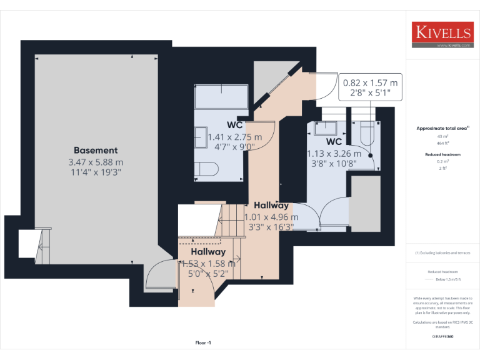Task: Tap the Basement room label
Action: point(96,150)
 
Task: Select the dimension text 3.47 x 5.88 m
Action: point(96,161)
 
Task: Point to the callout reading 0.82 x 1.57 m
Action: point(369,82)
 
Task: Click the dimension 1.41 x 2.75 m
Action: point(235,137)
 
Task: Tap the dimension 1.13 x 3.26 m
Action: point(334,153)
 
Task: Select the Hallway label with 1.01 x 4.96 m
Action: point(271,205)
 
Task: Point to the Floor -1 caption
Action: point(204,343)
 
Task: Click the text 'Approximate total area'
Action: point(442,128)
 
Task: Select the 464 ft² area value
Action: point(442,143)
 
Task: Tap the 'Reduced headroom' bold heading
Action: point(442,154)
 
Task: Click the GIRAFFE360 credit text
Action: point(442,337)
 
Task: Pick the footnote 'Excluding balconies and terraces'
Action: point(442,253)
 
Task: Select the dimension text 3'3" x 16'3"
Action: point(271,227)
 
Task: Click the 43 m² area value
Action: point(442,136)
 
